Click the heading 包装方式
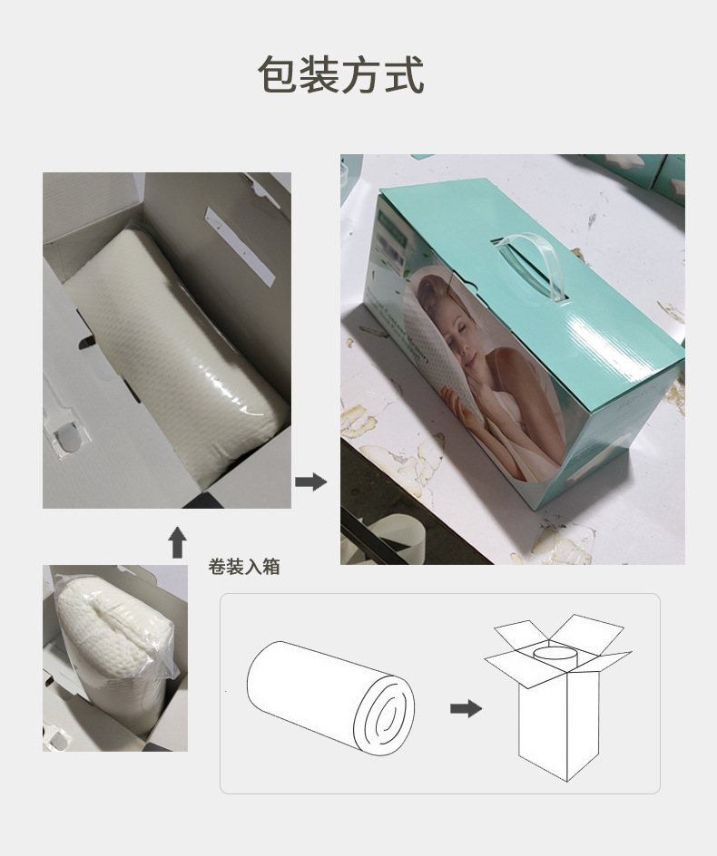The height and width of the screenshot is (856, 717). click(340, 74)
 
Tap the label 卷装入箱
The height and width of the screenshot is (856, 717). click(244, 568)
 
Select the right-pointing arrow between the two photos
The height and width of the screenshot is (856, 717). click(310, 481)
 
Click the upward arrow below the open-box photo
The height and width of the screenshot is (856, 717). click(178, 541)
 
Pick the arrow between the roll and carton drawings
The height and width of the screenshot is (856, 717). click(466, 708)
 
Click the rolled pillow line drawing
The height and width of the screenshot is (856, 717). click(330, 696)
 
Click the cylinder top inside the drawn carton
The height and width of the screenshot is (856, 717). click(555, 652)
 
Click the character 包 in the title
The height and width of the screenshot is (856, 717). click(277, 74)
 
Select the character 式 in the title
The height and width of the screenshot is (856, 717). click(404, 74)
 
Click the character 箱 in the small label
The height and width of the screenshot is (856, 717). click(271, 568)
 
